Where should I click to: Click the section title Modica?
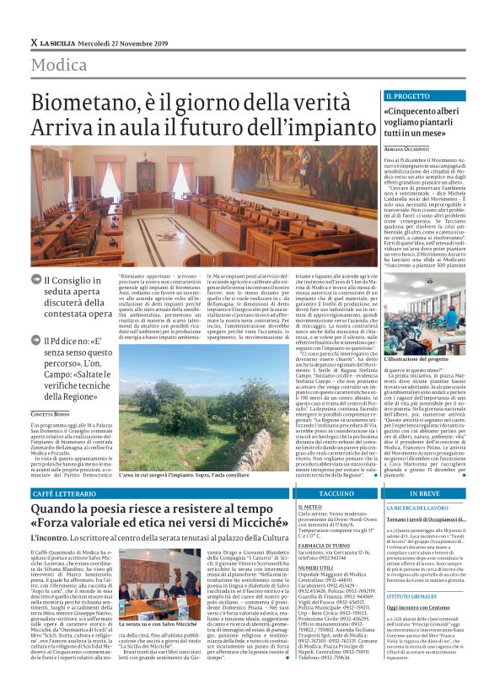[x=58, y=65]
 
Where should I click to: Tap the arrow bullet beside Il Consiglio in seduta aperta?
[x=36, y=279]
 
